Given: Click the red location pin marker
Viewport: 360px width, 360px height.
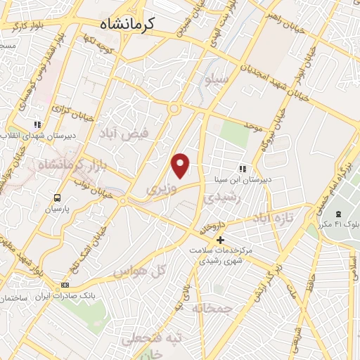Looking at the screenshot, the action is click(x=181, y=165).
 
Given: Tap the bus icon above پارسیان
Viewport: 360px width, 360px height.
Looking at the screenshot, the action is click(x=57, y=198).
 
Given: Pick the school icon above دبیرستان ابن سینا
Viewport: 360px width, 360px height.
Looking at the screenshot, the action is click(x=243, y=169).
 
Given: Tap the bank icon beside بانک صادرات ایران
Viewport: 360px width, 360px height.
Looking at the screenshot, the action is click(x=65, y=285).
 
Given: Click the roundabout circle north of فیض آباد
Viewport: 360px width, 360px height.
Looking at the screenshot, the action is click(x=173, y=108).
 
